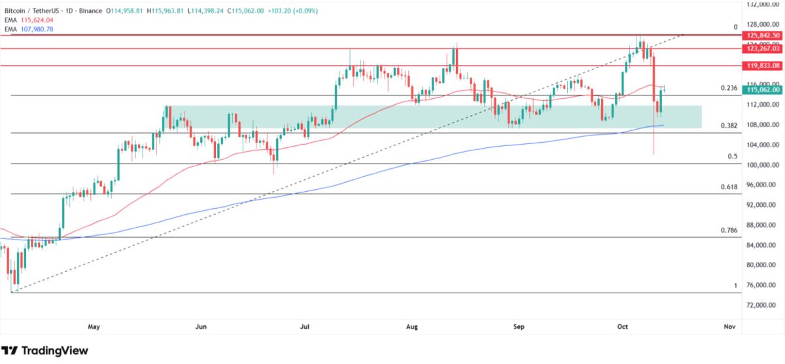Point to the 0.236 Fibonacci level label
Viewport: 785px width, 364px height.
pyautogui.click(x=729, y=88)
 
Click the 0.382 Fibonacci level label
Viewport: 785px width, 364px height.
pyautogui.click(x=729, y=126)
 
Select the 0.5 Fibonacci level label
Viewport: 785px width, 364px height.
pyautogui.click(x=733, y=156)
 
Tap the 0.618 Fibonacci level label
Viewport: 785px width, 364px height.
pyautogui.click(x=729, y=187)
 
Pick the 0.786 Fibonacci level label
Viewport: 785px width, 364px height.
pyautogui.click(x=729, y=230)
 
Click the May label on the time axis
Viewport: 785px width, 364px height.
pyautogui.click(x=94, y=325)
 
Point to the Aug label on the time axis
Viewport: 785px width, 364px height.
pyautogui.click(x=411, y=325)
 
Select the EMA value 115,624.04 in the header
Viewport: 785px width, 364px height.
pyautogui.click(x=35, y=21)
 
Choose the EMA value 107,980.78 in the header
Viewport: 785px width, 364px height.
pyautogui.click(x=35, y=29)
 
